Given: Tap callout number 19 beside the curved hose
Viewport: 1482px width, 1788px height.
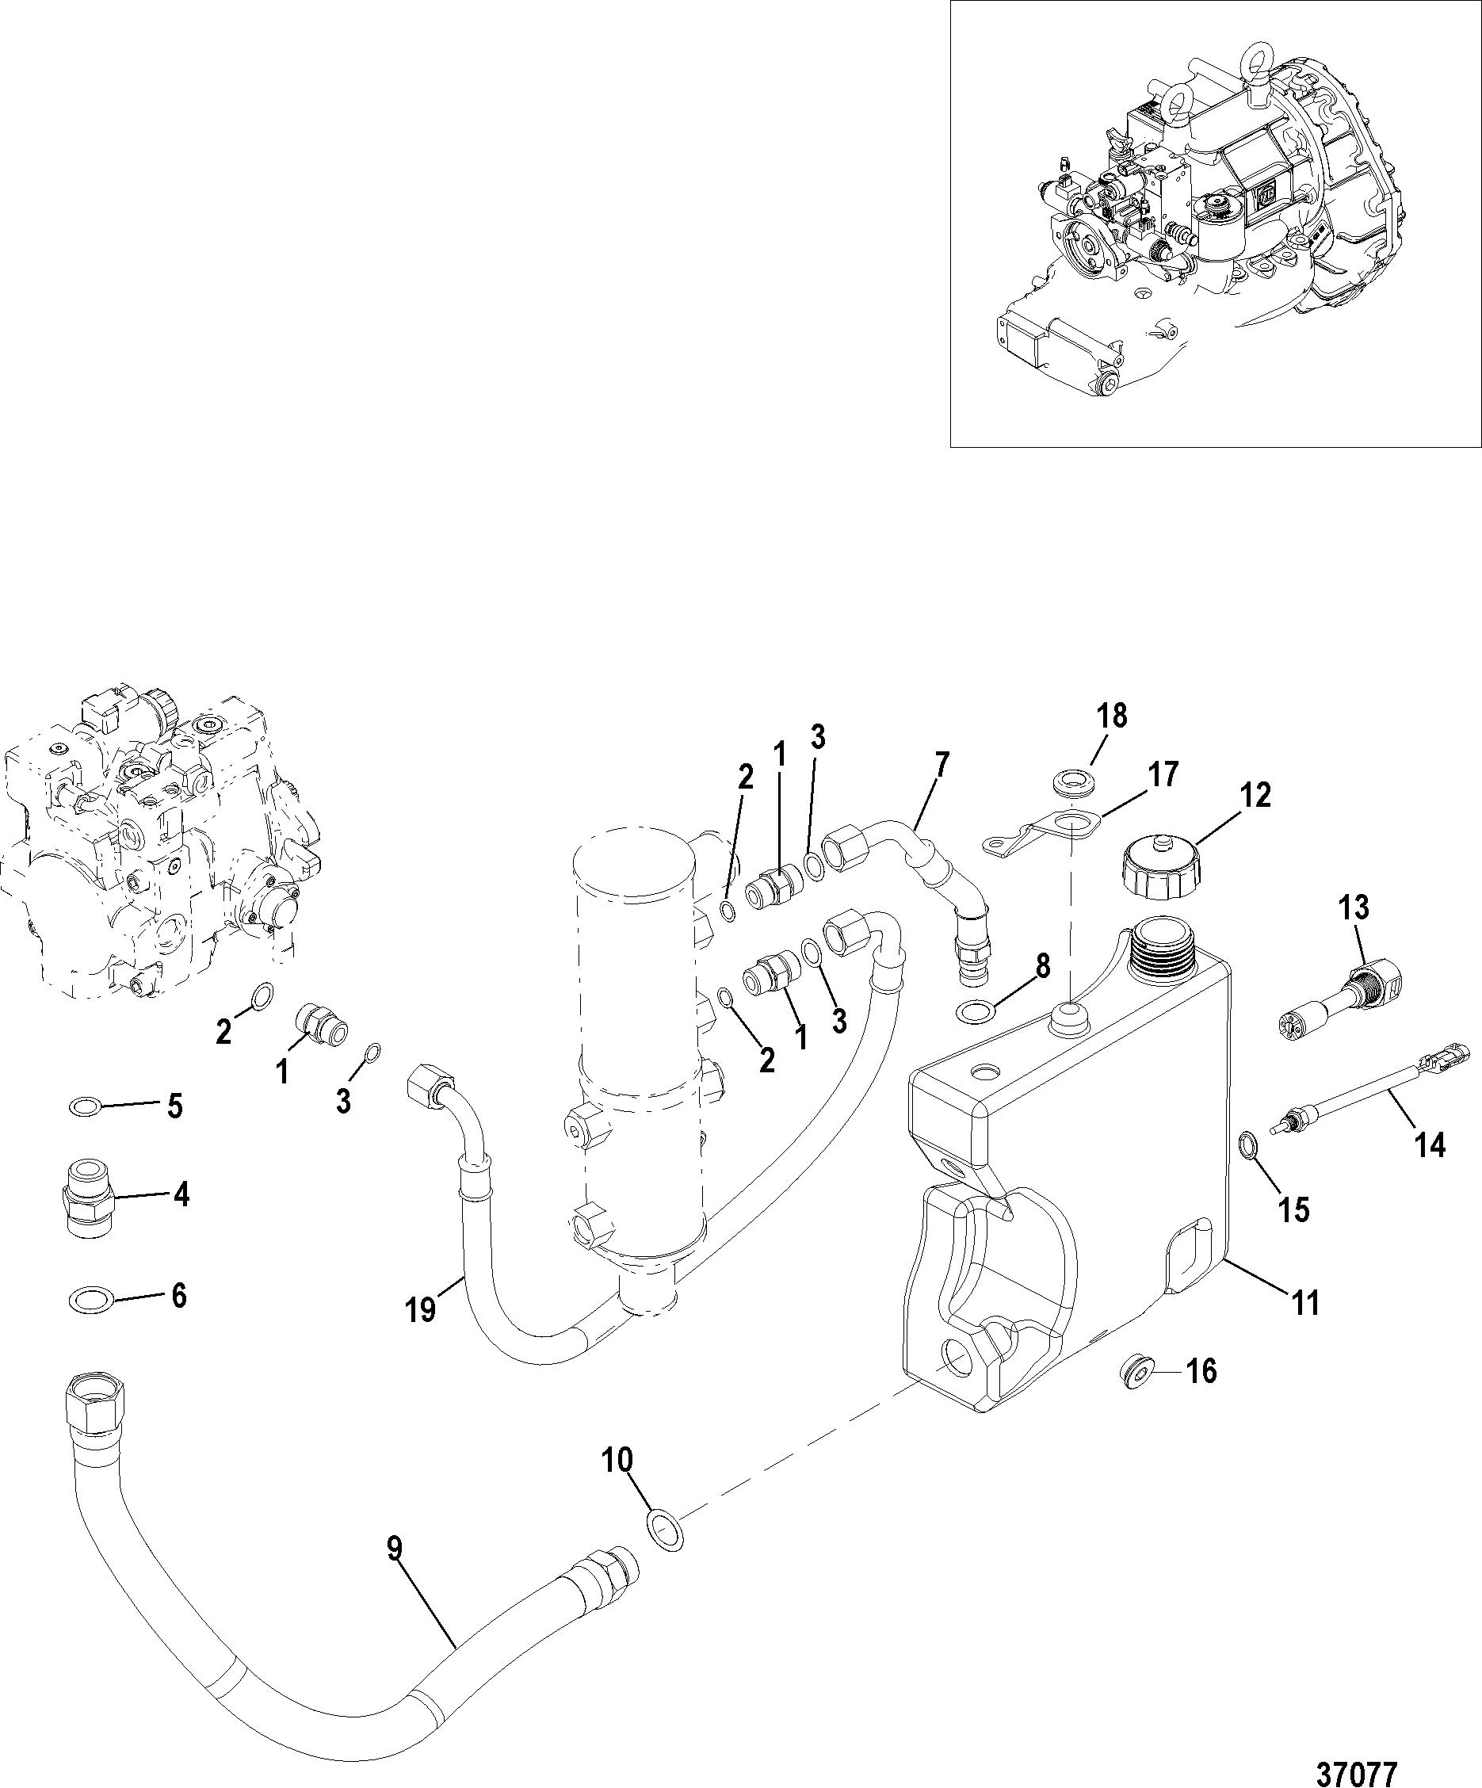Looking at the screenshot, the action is pyautogui.click(x=421, y=1309).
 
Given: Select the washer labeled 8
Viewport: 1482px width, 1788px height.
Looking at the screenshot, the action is pyautogui.click(x=978, y=1011).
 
